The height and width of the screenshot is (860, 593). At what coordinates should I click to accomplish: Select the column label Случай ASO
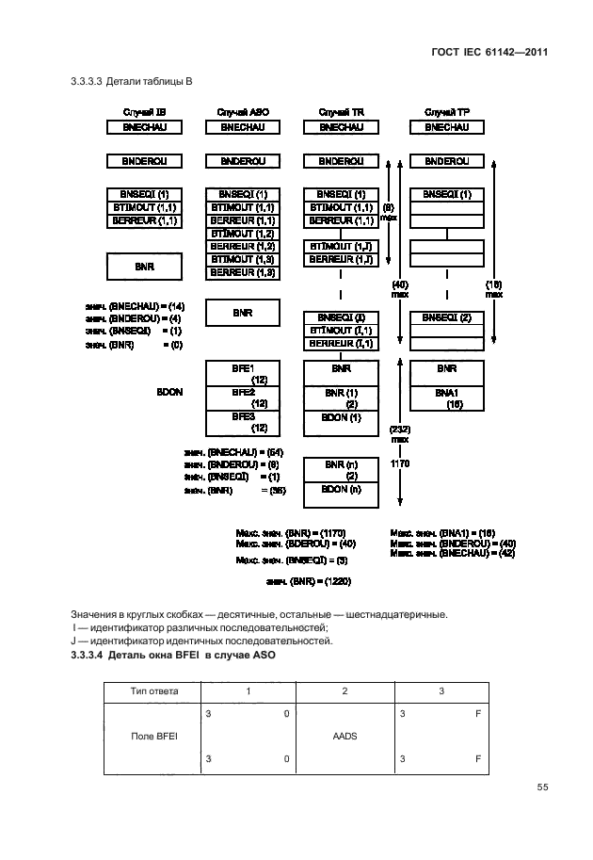pyautogui.click(x=242, y=111)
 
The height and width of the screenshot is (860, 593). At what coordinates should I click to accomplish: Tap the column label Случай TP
pyautogui.click(x=447, y=111)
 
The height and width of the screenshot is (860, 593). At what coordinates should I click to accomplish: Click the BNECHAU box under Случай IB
pyautogui.click(x=144, y=126)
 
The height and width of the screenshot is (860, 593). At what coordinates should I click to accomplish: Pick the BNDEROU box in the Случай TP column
pyautogui.click(x=447, y=161)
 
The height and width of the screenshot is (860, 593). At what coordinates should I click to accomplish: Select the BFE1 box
pyautogui.click(x=242, y=374)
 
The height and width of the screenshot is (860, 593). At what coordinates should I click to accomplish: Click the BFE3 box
pyautogui.click(x=242, y=421)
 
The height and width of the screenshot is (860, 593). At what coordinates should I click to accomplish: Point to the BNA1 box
pyautogui.click(x=447, y=398)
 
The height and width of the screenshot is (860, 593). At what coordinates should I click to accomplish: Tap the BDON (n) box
pyautogui.click(x=341, y=490)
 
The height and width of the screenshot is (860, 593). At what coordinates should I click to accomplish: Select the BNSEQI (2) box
pyautogui.click(x=447, y=316)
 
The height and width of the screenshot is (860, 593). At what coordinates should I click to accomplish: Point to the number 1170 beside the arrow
pyautogui.click(x=400, y=463)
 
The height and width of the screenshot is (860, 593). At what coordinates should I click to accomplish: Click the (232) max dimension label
pyautogui.click(x=400, y=433)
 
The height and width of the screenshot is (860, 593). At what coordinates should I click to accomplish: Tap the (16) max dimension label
pyautogui.click(x=493, y=288)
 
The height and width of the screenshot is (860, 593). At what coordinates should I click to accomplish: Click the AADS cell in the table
pyautogui.click(x=345, y=738)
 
